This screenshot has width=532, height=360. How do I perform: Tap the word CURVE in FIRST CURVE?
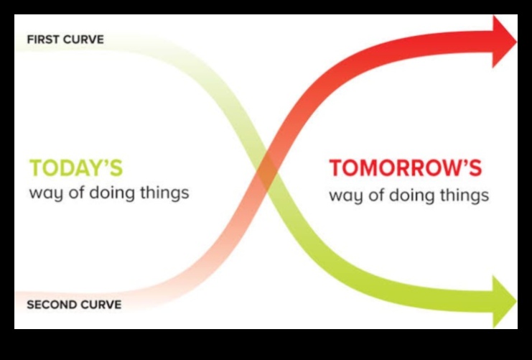[84, 40]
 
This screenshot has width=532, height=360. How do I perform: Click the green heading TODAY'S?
[75, 168]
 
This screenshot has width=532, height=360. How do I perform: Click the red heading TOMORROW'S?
[405, 169]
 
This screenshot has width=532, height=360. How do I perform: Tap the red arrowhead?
[503, 42]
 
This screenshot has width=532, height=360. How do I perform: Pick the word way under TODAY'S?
[44, 194]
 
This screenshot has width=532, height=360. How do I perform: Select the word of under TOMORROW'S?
[373, 195]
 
